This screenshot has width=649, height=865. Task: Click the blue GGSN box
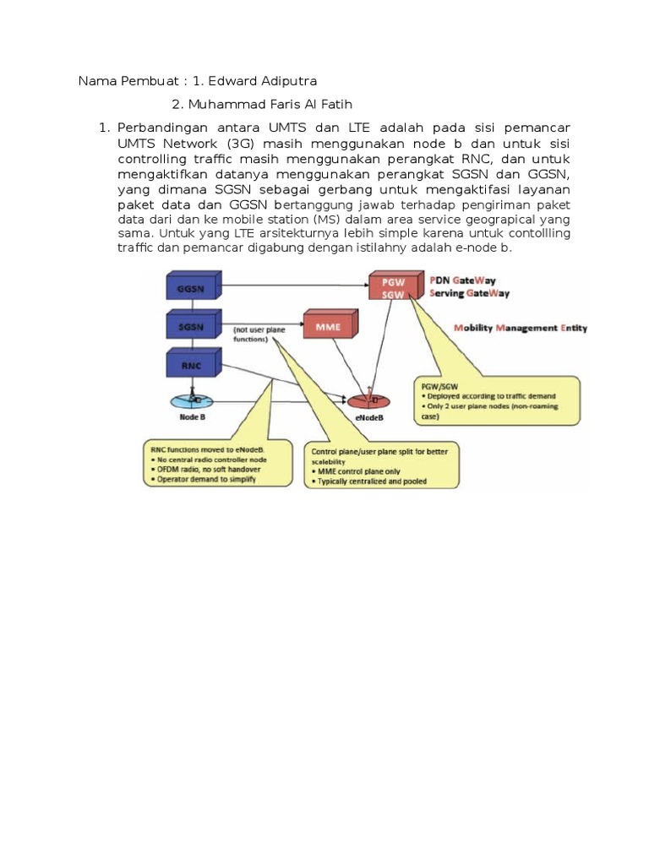(191, 288)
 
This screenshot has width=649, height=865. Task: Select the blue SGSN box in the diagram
(191, 326)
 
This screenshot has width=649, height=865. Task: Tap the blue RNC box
(191, 365)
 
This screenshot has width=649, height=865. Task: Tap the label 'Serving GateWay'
(470, 293)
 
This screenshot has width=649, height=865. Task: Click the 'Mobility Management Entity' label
(521, 327)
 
